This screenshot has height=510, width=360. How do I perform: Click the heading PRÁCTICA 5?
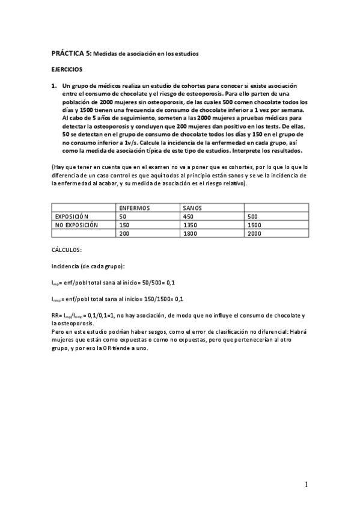tap(71, 54)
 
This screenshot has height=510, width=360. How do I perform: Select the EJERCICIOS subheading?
tap(67, 70)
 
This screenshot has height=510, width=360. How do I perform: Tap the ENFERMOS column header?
tap(135, 207)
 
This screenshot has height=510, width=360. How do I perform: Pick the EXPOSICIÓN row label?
tap(72, 216)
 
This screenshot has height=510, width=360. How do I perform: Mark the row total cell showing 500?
tap(253, 216)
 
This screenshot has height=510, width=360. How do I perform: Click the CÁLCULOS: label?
tap(67, 248)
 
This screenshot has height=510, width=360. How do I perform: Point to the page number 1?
tap(306, 485)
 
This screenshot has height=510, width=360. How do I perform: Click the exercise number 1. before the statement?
tap(54, 86)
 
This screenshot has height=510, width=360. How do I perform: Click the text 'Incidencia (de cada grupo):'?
tap(88, 265)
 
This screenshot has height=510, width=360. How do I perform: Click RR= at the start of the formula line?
tap(57, 315)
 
